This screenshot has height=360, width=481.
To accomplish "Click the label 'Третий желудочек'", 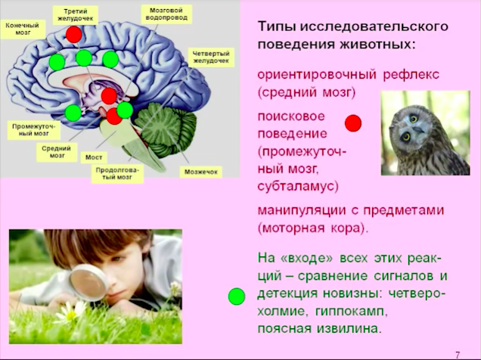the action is [x=76, y=15].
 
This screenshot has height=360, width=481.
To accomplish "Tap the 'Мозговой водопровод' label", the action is [x=166, y=14].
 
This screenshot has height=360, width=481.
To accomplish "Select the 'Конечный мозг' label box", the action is [x=23, y=29].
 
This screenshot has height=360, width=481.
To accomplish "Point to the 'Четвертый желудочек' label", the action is [x=211, y=57].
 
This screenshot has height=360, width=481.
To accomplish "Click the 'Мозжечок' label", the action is [x=201, y=172].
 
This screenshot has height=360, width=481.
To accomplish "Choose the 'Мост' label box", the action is [x=94, y=157].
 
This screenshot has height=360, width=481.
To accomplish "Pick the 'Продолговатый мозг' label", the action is [x=117, y=173].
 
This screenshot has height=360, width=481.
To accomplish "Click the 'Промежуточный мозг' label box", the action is [x=33, y=130].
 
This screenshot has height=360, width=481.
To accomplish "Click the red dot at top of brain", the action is [x=74, y=34].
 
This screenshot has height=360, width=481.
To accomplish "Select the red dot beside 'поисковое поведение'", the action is [x=353, y=123].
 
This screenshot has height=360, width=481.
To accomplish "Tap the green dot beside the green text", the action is [x=237, y=296].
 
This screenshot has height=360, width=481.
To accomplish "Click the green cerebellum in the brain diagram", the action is [x=166, y=129].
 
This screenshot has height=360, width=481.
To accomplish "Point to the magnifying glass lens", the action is [x=88, y=282].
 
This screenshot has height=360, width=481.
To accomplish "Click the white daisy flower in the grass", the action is [x=70, y=313].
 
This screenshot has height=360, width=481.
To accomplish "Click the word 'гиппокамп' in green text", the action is [x=349, y=312].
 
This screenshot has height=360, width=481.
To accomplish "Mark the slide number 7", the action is [x=458, y=355].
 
